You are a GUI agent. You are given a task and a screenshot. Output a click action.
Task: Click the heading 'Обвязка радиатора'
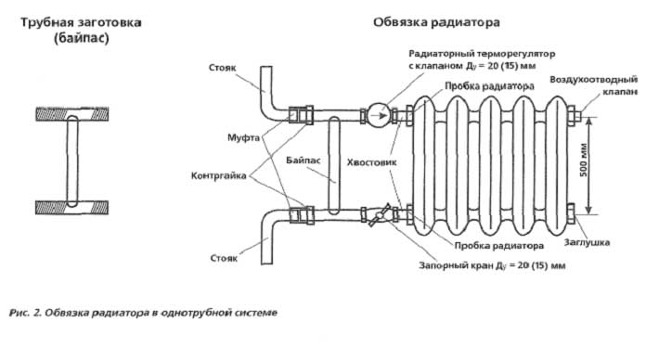[x=436, y=22]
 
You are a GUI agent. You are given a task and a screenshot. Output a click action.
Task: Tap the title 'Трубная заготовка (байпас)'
[x=81, y=30]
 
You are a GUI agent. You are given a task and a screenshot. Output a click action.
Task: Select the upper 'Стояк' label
[x=223, y=68]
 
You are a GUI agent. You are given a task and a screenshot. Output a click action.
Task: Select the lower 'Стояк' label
[x=224, y=258]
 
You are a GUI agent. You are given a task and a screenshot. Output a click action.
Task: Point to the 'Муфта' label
[x=243, y=137]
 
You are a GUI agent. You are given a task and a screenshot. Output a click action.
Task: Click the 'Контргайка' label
[x=218, y=176]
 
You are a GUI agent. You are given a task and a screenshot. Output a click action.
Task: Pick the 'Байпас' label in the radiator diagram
[x=304, y=161]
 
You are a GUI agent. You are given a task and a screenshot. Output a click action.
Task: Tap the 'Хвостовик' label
[x=371, y=162]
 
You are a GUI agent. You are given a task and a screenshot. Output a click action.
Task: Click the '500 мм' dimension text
[x=584, y=161]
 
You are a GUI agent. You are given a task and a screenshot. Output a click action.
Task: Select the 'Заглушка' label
[x=587, y=242]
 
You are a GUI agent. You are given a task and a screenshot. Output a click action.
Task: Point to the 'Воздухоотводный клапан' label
[x=594, y=85]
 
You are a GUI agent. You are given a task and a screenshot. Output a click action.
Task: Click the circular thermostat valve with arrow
[x=379, y=116]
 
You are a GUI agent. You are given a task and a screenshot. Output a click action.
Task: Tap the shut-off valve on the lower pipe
[x=379, y=215]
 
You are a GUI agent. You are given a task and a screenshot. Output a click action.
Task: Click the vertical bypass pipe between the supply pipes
[x=334, y=165]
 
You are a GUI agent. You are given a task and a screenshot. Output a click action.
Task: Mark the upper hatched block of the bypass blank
[x=72, y=114]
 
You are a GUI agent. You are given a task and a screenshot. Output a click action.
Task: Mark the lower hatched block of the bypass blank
[x=72, y=208]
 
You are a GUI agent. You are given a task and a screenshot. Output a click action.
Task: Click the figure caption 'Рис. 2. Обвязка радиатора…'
[x=143, y=313]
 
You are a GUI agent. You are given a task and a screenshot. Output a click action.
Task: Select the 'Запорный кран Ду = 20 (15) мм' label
[x=492, y=265]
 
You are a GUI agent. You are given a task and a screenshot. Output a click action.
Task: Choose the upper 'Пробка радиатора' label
[x=489, y=86]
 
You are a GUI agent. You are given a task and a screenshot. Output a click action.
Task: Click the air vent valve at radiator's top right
[x=574, y=116]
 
